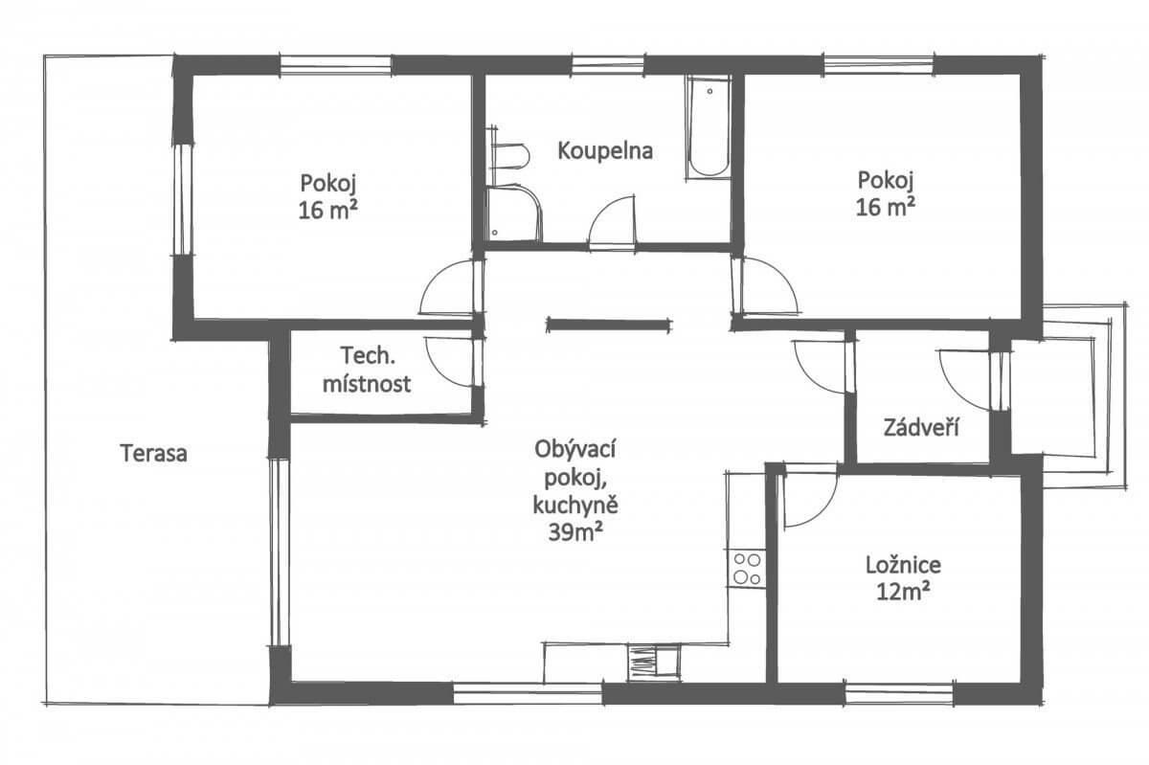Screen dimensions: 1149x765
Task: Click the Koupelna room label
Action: click(x=605, y=151)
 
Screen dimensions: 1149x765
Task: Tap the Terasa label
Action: click(x=153, y=454)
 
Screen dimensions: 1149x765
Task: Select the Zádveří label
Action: click(x=921, y=427)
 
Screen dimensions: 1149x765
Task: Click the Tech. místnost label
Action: click(x=367, y=370)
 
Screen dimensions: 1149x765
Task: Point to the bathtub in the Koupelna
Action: click(x=709, y=127)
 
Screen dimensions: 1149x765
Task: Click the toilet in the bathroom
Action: click(x=508, y=155)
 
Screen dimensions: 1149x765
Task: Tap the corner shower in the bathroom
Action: click(x=513, y=214)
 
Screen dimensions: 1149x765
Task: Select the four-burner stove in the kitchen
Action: click(x=746, y=569)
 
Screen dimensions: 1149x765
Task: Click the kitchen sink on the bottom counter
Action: click(x=655, y=663)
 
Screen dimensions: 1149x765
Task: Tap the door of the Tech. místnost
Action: click(x=451, y=361)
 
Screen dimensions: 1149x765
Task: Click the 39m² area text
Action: click(x=575, y=533)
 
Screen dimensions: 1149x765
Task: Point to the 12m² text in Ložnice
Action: click(x=903, y=593)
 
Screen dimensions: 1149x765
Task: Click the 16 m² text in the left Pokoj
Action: click(x=328, y=210)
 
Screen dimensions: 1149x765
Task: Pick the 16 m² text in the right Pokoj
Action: click(x=886, y=207)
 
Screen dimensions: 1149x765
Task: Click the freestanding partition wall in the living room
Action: click(x=609, y=325)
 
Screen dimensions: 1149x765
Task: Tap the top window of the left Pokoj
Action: click(x=336, y=66)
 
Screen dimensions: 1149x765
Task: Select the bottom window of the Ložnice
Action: click(x=899, y=694)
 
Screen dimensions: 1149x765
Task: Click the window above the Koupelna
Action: click(x=608, y=66)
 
